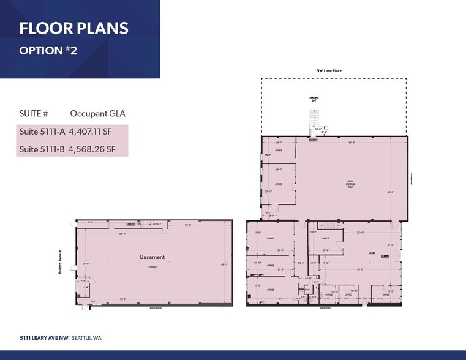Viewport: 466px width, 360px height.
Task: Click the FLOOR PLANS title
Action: [73, 29]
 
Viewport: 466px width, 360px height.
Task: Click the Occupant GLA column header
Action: [97, 113]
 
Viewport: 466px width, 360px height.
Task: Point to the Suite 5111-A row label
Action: [42, 130]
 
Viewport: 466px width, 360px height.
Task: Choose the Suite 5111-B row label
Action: [42, 149]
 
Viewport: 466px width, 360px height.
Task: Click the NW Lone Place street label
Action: [329, 71]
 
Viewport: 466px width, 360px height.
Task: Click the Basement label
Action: [152, 257]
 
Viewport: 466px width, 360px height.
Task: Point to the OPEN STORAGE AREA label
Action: [351, 184]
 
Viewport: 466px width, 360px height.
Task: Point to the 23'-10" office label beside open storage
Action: [268, 192]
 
